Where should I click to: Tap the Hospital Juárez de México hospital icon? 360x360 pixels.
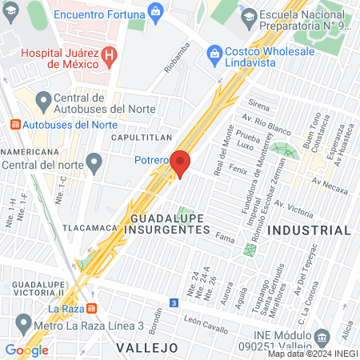(x=111, y=55)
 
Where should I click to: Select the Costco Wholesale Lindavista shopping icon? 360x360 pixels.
(x=214, y=54)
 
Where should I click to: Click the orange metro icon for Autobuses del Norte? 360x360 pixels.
(x=16, y=125)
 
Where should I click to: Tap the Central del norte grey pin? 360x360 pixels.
(x=94, y=166)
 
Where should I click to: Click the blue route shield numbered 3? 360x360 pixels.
(x=174, y=302)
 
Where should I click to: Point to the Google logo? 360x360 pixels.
(x=26, y=350)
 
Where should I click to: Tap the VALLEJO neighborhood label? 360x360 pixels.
(x=146, y=347)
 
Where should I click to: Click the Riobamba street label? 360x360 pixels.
(x=178, y=58)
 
